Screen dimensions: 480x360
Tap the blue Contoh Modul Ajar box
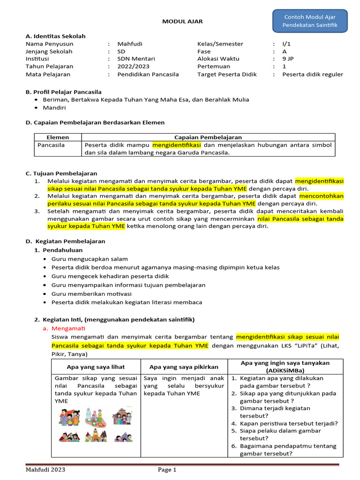pos(310,21)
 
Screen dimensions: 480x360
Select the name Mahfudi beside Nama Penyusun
pos(130,44)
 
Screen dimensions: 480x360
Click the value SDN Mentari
pos(136,59)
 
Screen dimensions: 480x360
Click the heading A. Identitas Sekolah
pos(55,36)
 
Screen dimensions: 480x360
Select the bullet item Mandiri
pos(54,107)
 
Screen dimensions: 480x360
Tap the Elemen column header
pos(58,137)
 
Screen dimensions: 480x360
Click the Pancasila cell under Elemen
pos(51,145)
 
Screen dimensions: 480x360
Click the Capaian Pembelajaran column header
pos(208,137)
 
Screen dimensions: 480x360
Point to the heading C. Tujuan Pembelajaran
pos(61,173)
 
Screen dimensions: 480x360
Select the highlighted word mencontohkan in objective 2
pos(321,196)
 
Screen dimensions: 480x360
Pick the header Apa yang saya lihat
pos(96,367)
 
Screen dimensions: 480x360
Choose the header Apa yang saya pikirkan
pos(185,367)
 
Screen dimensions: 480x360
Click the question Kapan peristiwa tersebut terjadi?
pos(289,423)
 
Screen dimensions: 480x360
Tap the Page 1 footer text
pos(167,470)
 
